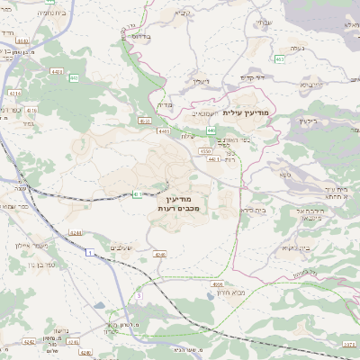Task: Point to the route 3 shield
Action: point(139,294)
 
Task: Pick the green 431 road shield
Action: point(137,193)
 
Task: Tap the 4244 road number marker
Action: point(76,232)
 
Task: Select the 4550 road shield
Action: point(206,153)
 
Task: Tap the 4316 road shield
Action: point(31,110)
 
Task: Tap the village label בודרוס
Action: point(139,37)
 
